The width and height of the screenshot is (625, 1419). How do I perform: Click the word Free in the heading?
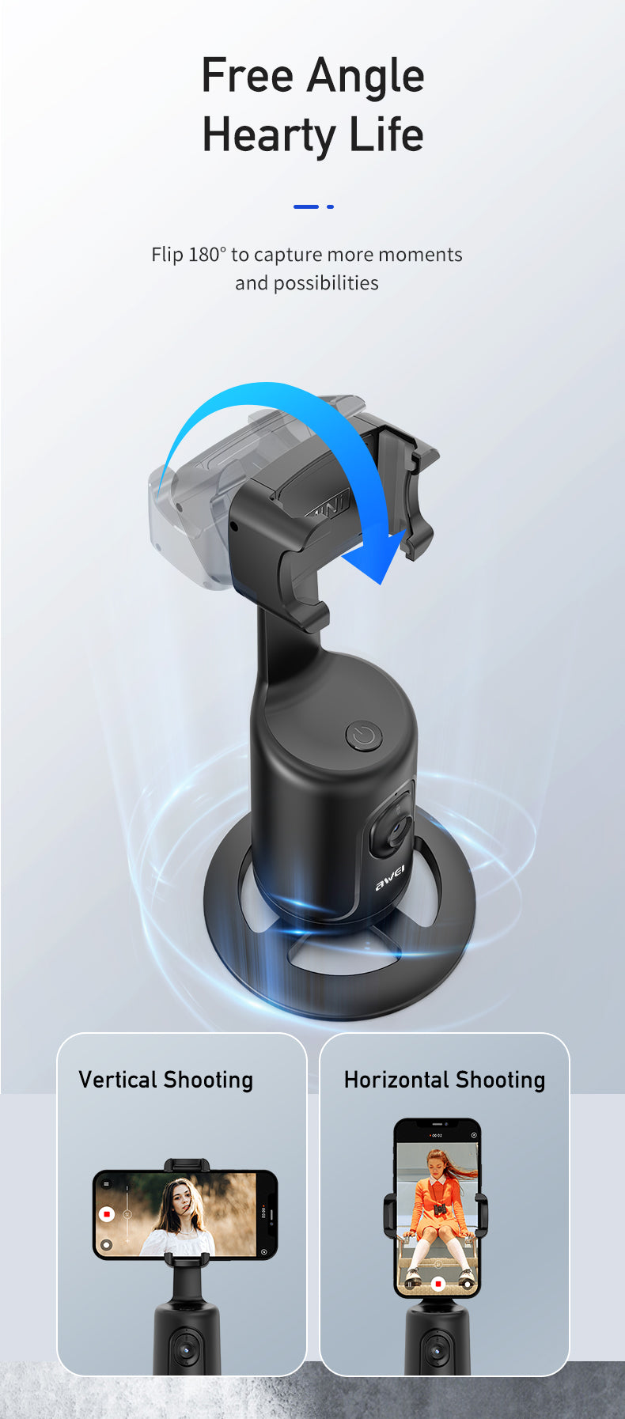click(248, 76)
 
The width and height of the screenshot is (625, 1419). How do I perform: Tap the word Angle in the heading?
click(366, 78)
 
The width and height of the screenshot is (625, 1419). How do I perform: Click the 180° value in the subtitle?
click(206, 255)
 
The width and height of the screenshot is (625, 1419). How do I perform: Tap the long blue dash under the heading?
click(305, 206)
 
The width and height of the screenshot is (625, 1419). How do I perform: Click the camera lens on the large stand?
click(393, 829)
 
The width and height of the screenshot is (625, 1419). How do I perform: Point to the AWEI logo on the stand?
click(390, 876)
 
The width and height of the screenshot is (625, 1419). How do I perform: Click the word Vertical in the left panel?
click(118, 1080)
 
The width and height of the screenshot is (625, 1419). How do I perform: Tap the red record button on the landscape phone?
click(107, 1213)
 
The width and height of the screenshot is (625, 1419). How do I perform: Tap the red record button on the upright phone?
click(438, 1283)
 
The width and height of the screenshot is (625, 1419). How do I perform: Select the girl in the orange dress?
click(437, 1210)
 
